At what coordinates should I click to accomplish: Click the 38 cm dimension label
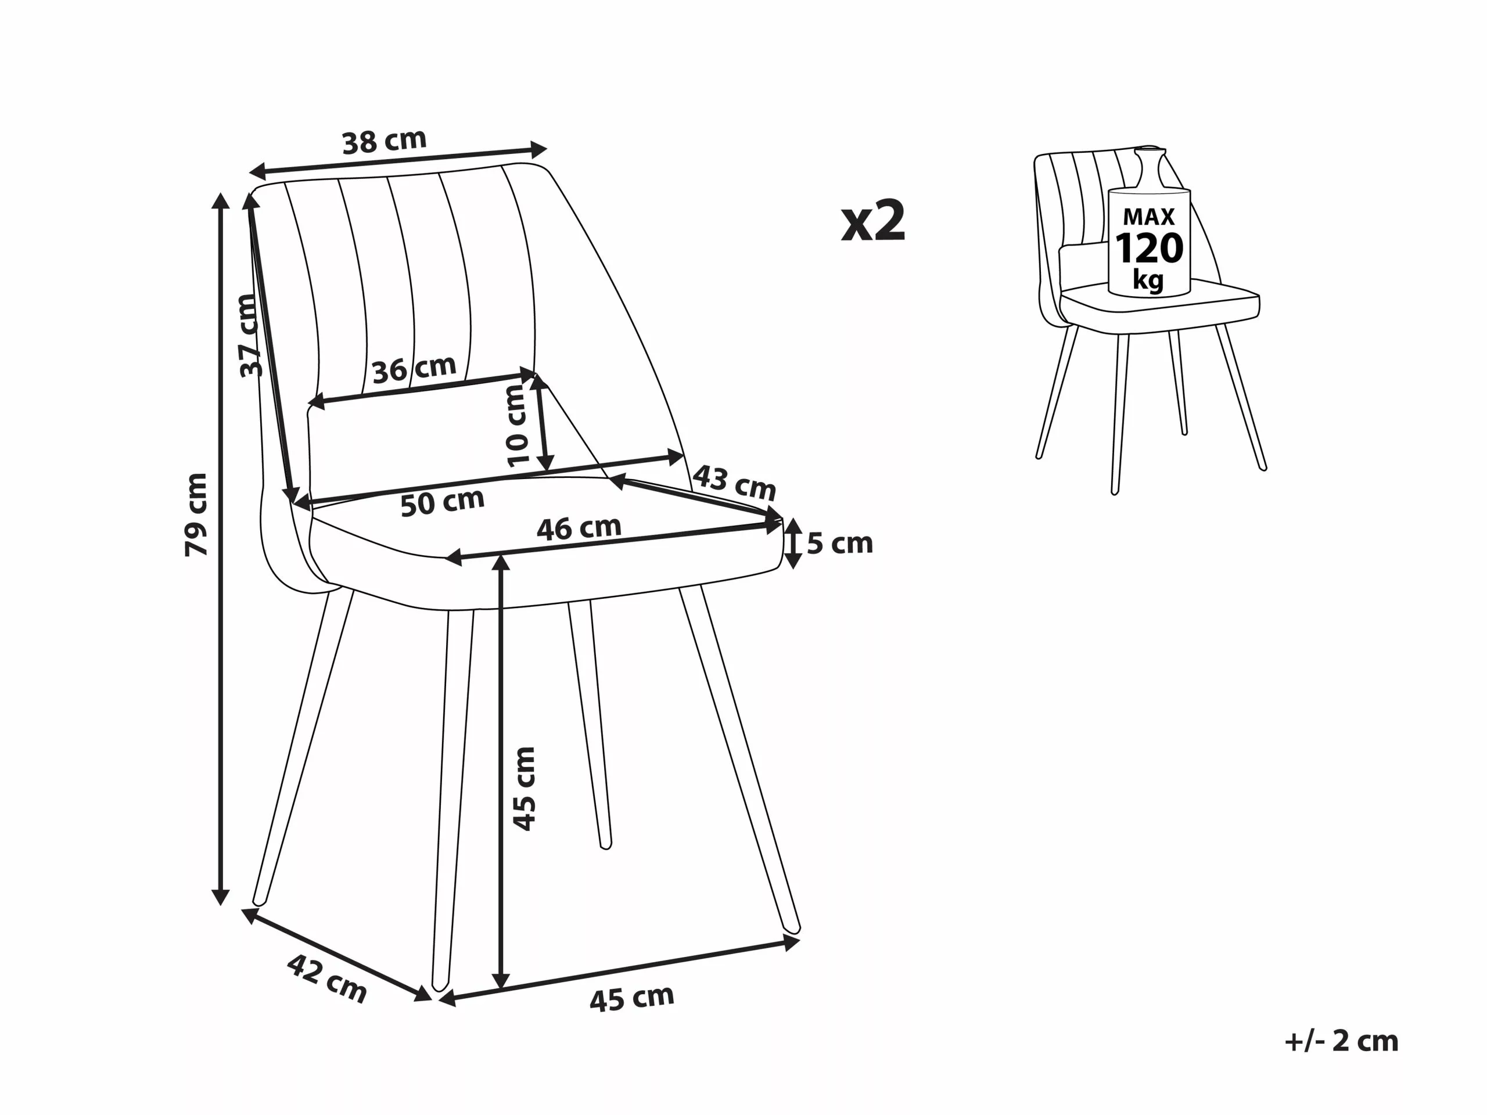pyautogui.click(x=385, y=141)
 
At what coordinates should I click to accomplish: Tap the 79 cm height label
pyautogui.click(x=196, y=514)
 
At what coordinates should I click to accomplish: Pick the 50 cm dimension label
pyautogui.click(x=443, y=501)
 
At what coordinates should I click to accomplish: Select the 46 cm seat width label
pyautogui.click(x=579, y=528)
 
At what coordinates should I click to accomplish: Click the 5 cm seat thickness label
pyautogui.click(x=839, y=543)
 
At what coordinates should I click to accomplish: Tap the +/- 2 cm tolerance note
pyautogui.click(x=1342, y=1041)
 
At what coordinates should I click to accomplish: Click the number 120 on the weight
pyautogui.click(x=1149, y=249)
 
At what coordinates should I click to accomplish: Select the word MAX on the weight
pyautogui.click(x=1149, y=217)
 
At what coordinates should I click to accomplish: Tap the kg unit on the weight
pyautogui.click(x=1148, y=279)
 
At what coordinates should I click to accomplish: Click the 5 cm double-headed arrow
pyautogui.click(x=794, y=544)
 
